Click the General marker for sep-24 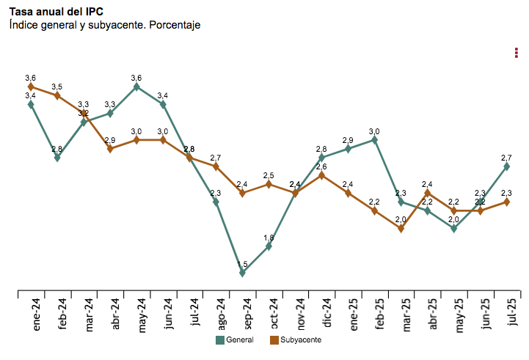(242, 273)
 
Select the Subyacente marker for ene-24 (31, 87)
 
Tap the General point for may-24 (136, 87)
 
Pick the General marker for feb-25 (374, 139)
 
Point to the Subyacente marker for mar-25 (401, 229)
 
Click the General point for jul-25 (506, 166)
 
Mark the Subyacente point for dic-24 (321, 175)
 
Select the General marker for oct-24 (269, 246)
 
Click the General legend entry (234, 340)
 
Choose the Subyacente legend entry (295, 340)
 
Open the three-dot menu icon (517, 53)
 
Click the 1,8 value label (269, 238)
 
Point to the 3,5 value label (56, 87)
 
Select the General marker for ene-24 (31, 104)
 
